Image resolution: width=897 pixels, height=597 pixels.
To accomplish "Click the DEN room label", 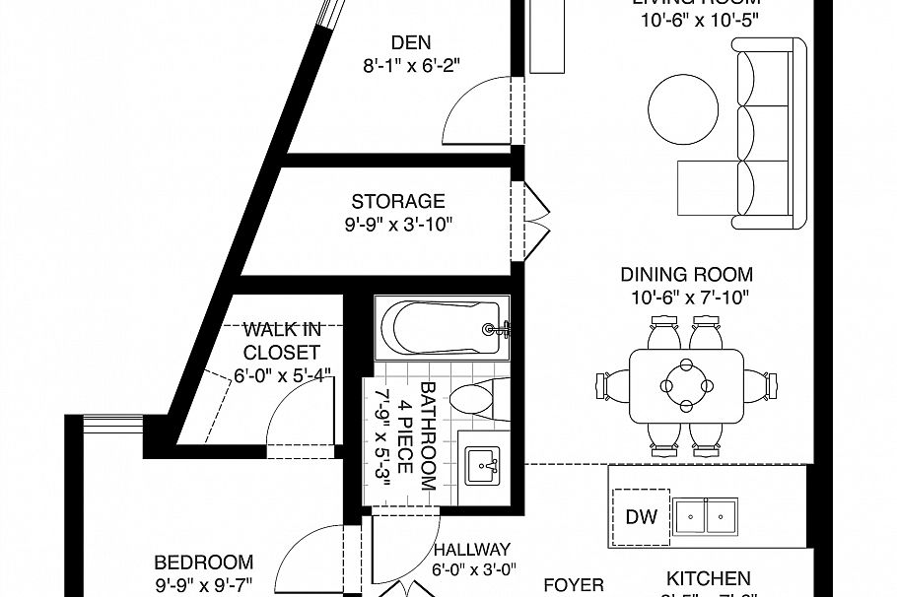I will (x=411, y=42).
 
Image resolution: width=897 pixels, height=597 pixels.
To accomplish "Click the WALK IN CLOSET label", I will (x=282, y=340).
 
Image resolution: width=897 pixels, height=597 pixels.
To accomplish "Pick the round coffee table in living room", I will (x=682, y=106).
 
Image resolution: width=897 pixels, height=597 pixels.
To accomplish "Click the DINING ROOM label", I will (x=686, y=275).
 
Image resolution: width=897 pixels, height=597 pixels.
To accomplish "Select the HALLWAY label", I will (x=471, y=550).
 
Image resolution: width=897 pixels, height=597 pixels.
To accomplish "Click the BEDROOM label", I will (x=204, y=563).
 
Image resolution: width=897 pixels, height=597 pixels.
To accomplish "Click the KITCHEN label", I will (x=708, y=578).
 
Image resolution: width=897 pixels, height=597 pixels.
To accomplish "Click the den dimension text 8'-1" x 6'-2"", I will (x=411, y=65).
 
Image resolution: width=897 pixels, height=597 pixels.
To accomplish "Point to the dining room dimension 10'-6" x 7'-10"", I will (x=686, y=298).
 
